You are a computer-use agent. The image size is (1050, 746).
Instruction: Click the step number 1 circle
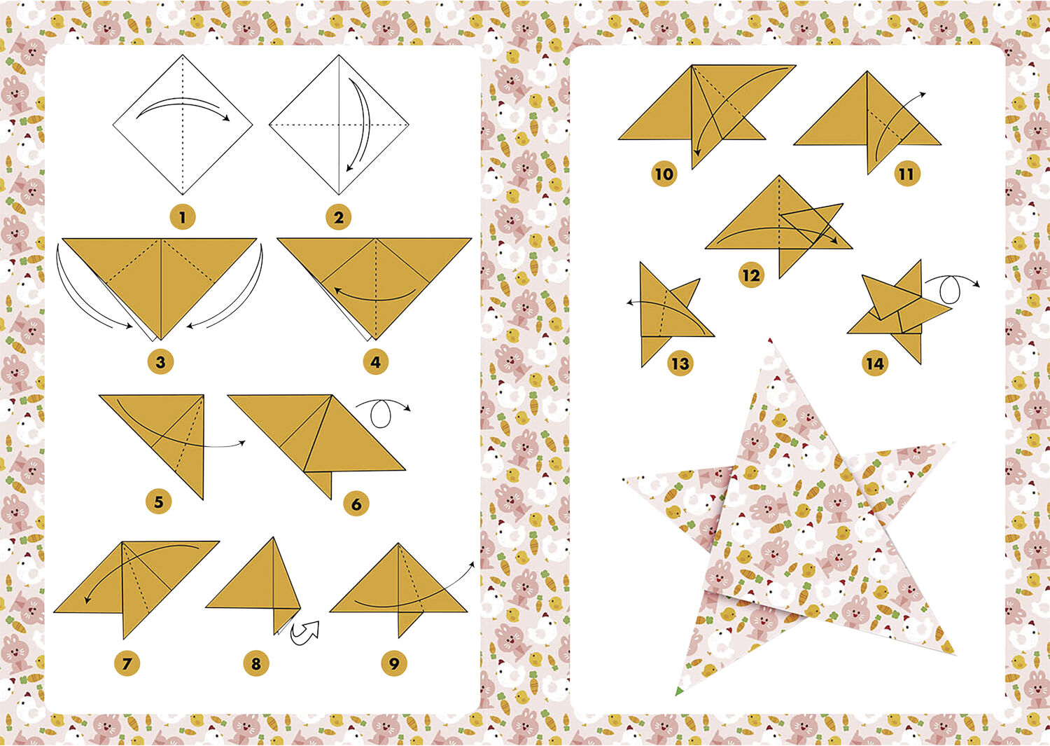[x=183, y=217]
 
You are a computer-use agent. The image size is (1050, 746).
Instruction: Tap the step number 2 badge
[x=339, y=217]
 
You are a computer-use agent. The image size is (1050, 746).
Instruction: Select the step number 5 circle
[x=159, y=502]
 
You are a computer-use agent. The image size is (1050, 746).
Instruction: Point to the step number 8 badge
[x=255, y=663]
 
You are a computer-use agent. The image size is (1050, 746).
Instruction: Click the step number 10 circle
[x=664, y=174]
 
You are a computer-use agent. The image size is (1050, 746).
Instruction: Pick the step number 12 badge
[x=750, y=275]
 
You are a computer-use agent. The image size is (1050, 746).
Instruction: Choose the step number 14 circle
[x=875, y=363]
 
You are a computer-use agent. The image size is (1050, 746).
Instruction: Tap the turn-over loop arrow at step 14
[x=946, y=286]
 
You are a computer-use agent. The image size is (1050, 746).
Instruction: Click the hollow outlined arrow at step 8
[x=306, y=631]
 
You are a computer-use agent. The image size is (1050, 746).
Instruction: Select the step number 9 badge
[x=394, y=663]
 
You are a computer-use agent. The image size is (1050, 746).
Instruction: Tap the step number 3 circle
[x=160, y=362]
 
